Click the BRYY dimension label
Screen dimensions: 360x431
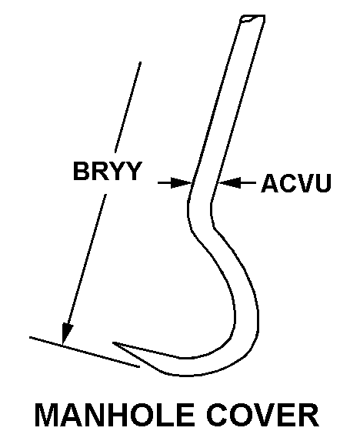[108, 171]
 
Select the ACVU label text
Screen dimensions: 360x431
[296, 183]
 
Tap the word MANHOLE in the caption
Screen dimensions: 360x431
[115, 415]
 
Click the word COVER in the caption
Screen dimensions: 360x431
[263, 415]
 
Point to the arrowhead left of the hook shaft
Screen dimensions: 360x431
[181, 182]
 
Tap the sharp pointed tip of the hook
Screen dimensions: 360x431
[113, 342]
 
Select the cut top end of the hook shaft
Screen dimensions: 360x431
[252, 18]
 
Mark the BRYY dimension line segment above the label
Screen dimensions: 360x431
[128, 107]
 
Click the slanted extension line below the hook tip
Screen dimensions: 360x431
[85, 352]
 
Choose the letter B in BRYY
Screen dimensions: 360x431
[81, 171]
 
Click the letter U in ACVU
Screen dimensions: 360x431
[323, 183]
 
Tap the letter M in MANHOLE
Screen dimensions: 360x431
[46, 415]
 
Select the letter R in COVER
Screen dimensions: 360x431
[309, 415]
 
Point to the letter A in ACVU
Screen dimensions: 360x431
[270, 183]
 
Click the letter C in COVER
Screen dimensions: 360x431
[217, 415]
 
